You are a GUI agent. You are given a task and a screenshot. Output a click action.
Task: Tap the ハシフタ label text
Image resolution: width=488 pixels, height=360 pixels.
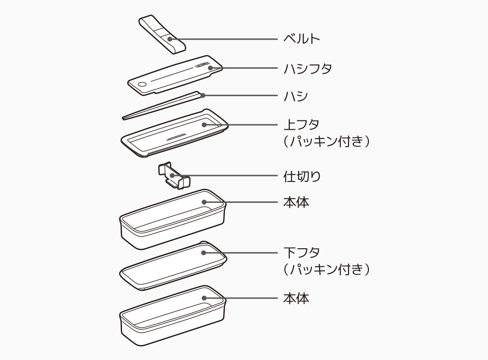[x=307, y=68]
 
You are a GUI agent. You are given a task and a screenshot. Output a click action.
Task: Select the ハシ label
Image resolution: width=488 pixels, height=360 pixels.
[x=296, y=96]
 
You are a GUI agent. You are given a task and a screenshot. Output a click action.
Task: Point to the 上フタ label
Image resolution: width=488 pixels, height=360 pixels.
[x=302, y=124]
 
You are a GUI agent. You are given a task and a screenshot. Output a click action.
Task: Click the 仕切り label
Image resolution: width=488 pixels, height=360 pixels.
[x=302, y=176]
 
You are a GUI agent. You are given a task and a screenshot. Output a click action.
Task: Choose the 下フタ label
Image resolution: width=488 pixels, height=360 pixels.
[x=302, y=253]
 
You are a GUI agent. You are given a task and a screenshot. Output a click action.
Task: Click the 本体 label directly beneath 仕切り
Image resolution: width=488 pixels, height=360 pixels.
[x=296, y=201]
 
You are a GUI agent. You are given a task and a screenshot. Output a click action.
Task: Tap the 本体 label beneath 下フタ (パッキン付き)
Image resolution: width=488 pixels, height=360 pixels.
[x=296, y=298]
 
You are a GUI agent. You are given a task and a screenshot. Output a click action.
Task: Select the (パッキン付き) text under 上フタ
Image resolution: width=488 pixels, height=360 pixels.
[x=326, y=141]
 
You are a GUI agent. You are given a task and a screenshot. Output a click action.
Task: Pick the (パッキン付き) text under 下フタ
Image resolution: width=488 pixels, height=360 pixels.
[x=326, y=269]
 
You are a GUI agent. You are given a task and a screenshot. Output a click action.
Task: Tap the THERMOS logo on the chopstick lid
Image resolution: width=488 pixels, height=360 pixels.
[x=201, y=68]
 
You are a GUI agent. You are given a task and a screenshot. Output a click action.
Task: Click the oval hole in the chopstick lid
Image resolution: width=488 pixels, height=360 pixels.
[x=142, y=85]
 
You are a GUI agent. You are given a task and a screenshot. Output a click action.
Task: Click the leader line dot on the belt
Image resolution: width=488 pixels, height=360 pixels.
[x=169, y=39]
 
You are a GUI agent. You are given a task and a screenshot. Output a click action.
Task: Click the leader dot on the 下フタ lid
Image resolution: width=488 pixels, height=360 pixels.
[x=204, y=253]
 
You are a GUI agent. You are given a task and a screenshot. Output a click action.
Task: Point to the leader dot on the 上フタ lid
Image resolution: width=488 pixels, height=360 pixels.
[x=204, y=124]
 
